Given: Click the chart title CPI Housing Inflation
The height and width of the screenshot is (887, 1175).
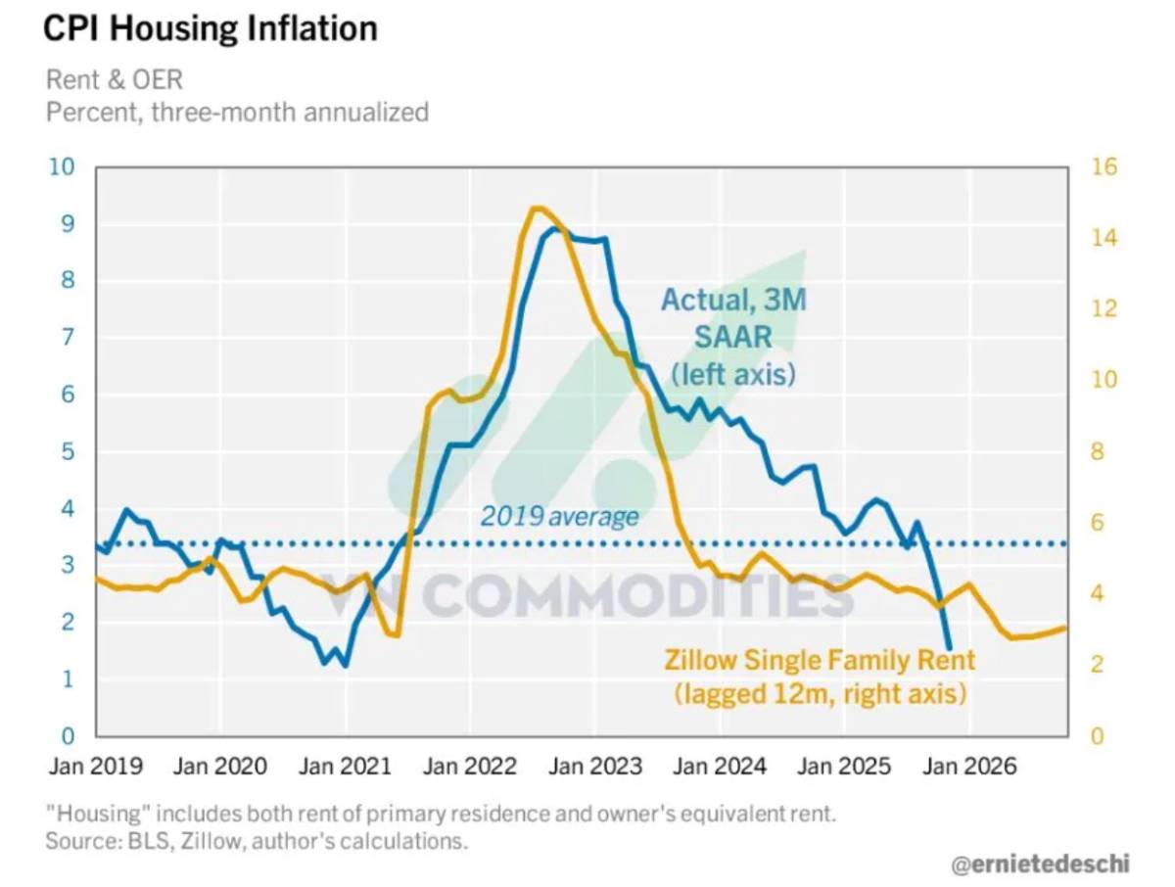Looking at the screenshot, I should [210, 28].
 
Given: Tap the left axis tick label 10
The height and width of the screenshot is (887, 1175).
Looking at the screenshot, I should [63, 166].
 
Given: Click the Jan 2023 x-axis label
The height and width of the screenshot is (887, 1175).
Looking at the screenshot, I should [595, 766].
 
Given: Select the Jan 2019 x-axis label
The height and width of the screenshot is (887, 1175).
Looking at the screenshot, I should [95, 766].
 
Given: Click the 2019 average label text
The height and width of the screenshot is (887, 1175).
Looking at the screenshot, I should [559, 515].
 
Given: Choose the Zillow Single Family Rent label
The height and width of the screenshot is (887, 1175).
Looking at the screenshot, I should [821, 659].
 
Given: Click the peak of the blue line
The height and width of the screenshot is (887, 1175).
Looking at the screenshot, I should [555, 229].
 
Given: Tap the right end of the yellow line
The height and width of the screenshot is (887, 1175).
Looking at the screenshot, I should [1065, 628].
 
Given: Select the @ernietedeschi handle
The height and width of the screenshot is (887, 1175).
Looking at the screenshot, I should [1040, 864].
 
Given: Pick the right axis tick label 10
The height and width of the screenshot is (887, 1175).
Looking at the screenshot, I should [1103, 380].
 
